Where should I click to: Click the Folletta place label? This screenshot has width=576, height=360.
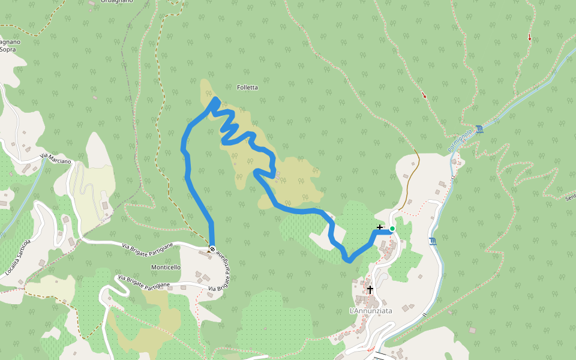coord(247,88)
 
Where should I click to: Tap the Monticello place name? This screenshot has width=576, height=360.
coord(166,267)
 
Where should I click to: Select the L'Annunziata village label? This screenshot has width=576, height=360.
coord(371,311)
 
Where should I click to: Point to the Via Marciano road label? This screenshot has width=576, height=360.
coord(56,159)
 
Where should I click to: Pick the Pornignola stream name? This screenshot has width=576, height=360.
coord(460,140)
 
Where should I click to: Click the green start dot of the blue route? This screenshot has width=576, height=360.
coord(392,229)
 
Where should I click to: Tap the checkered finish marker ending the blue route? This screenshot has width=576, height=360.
coord(212,249)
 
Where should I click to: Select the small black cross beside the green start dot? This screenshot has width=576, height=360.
coord(379,227)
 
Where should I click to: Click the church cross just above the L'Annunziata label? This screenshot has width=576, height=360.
coord(370,290)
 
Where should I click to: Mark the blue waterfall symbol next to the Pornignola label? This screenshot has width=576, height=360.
coord(479,129)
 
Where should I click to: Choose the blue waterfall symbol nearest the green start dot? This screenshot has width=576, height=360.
coord(433,242)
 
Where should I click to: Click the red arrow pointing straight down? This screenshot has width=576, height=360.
coord(529,38)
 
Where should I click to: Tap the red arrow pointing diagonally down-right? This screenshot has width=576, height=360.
coord(424,95)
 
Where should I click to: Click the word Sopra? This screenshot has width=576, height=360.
coord(8,50)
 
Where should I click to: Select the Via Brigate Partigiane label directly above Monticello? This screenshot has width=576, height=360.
coord(148,245)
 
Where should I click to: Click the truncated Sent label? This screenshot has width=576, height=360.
coord(570,197)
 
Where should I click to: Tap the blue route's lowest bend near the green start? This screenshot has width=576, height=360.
coord(349,260)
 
